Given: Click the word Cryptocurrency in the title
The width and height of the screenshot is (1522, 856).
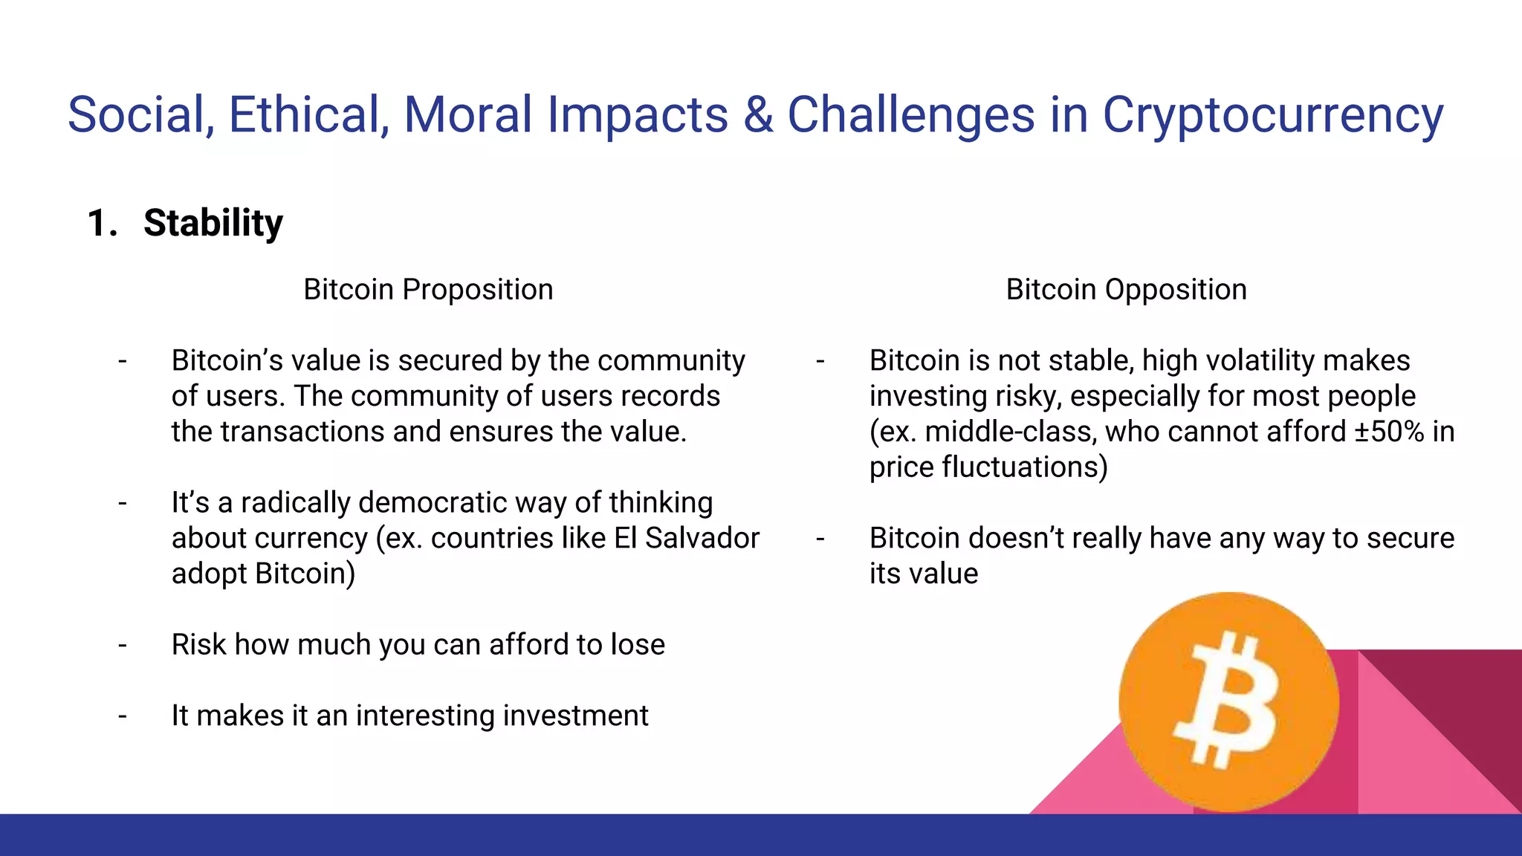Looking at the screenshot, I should click(x=1272, y=116).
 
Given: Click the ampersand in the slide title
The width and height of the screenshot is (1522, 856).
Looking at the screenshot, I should click(x=757, y=115).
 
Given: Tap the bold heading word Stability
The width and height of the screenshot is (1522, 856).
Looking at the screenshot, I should click(x=213, y=223).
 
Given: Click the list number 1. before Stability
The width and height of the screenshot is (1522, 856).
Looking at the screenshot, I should click(x=102, y=223).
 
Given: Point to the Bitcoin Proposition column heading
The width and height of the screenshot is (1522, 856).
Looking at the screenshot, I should click(x=428, y=289).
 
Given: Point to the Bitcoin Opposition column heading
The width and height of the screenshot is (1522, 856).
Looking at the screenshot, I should click(x=1126, y=289).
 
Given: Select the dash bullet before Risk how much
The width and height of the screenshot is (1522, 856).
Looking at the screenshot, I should click(x=123, y=645).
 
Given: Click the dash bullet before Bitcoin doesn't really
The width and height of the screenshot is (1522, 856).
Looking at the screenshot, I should click(x=820, y=538).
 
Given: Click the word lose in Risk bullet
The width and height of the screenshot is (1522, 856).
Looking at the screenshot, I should click(x=638, y=645).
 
